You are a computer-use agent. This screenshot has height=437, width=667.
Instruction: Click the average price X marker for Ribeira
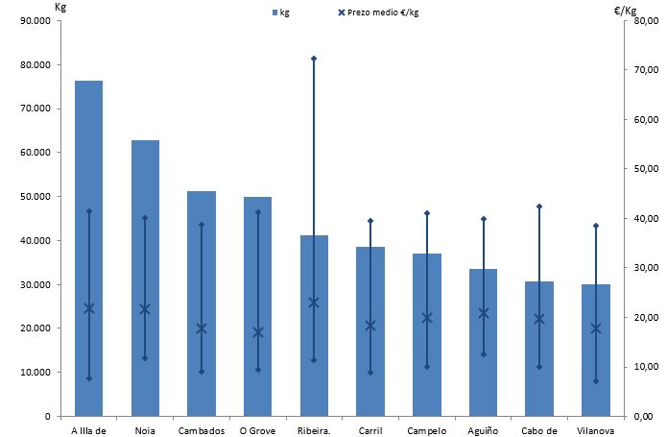coord(314,303)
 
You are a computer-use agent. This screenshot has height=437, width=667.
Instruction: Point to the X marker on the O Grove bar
coord(257,332)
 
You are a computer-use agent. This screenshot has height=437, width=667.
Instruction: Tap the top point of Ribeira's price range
coord(314,59)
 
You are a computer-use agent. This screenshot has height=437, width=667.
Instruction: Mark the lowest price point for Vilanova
coord(595,381)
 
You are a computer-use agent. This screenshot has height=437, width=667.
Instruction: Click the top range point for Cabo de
coord(539,206)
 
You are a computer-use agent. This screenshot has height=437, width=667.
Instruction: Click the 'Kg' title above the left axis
coord(60,8)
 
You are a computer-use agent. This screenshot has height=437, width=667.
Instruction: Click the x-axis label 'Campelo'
coord(426,430)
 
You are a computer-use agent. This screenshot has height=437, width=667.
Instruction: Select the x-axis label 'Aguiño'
coord(483,430)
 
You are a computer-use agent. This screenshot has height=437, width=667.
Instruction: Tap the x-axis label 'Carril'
coord(370,430)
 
